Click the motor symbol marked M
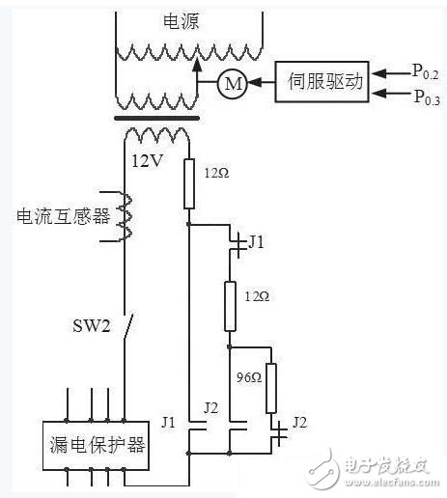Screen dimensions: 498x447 tap(232, 84)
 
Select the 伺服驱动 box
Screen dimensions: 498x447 tap(321, 82)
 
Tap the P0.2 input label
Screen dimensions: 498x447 tap(424, 72)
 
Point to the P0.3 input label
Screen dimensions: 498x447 tap(424, 96)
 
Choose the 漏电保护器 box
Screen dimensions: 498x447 tap(96, 445)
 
